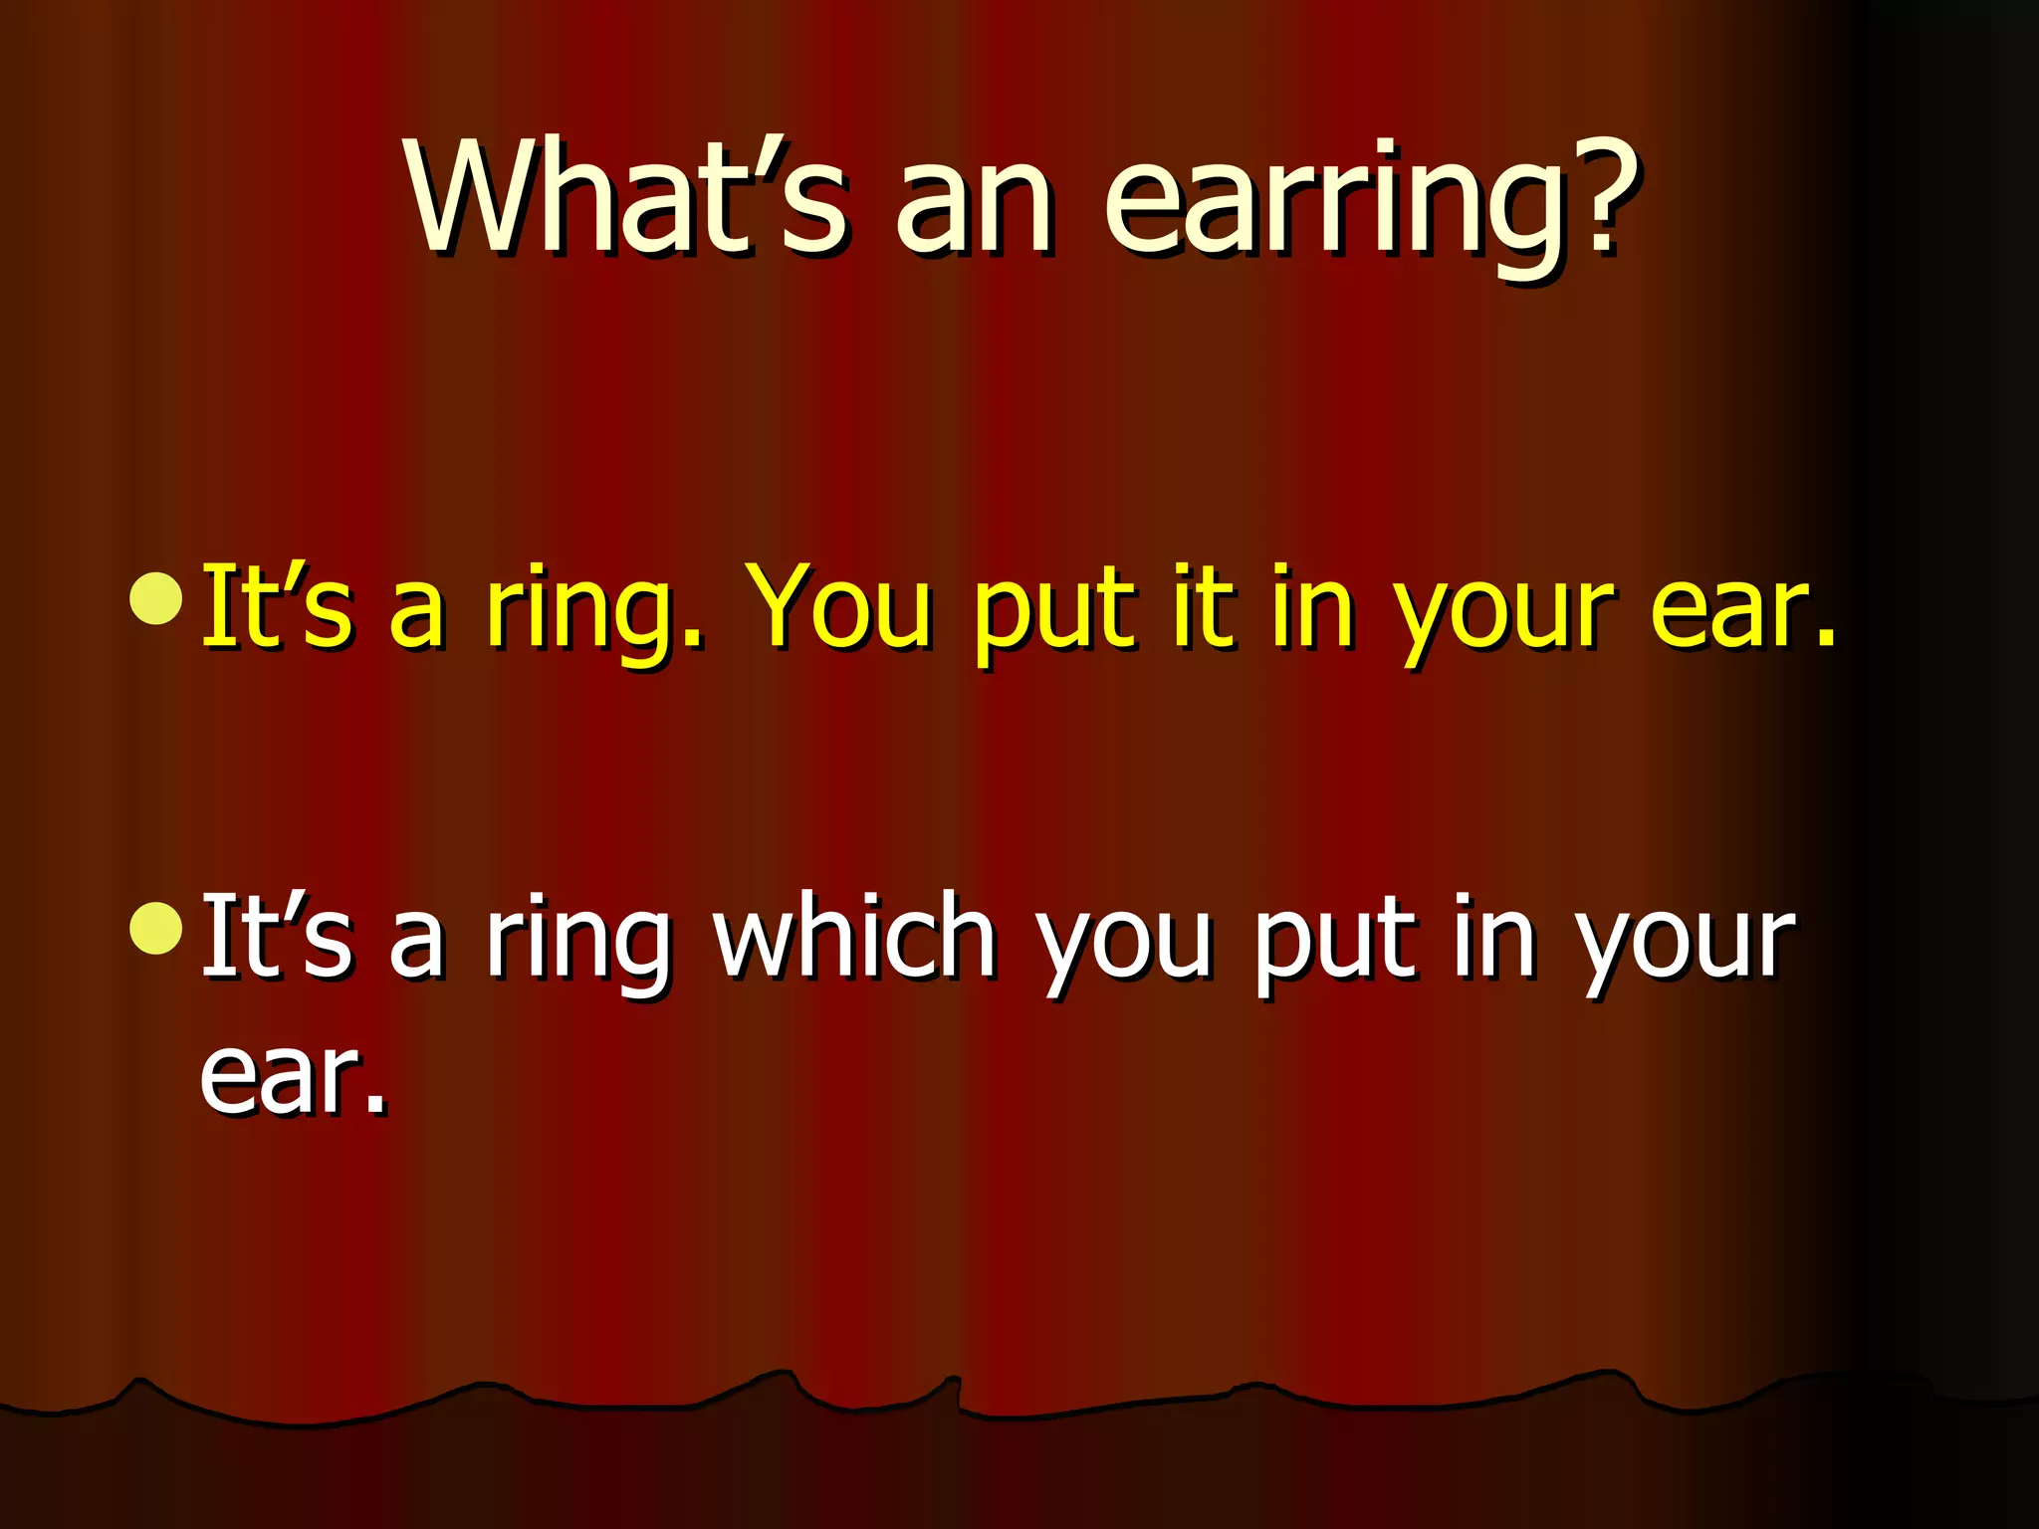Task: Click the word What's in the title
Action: [625, 199]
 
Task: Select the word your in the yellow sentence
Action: [1503, 617]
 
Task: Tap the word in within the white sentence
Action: [1493, 936]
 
